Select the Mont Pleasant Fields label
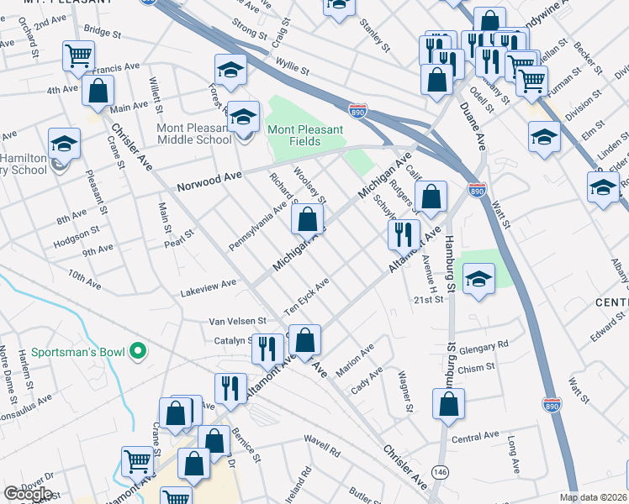tap(305, 135)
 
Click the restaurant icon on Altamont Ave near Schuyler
tap(404, 233)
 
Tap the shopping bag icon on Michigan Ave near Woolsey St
tap(308, 220)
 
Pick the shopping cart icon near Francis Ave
tap(78, 55)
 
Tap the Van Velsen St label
tap(237, 321)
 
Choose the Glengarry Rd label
tap(484, 345)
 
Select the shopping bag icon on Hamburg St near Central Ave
tap(449, 402)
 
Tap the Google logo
tap(29, 494)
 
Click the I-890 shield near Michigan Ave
tap(357, 109)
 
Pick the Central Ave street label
tap(475, 438)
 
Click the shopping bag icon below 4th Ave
tap(98, 91)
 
